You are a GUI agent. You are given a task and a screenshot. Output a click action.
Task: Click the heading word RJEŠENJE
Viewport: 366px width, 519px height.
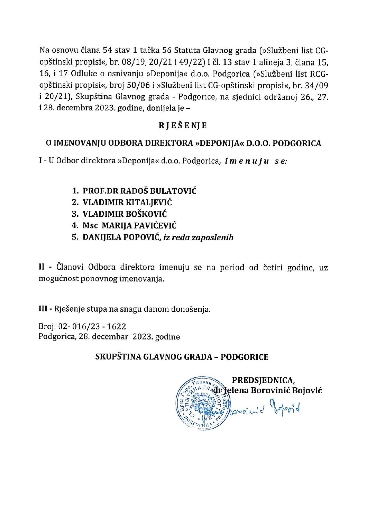point(183,126)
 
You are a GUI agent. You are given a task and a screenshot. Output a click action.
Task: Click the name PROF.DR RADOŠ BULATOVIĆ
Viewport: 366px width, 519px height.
point(139,191)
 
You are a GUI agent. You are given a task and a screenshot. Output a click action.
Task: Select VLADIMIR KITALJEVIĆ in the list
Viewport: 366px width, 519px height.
point(127,202)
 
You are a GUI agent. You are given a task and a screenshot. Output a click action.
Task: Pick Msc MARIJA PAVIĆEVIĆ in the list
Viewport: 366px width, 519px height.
point(129,226)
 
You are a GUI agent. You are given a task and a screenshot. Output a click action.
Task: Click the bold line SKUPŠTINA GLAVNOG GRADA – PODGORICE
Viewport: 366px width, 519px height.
point(182,357)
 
